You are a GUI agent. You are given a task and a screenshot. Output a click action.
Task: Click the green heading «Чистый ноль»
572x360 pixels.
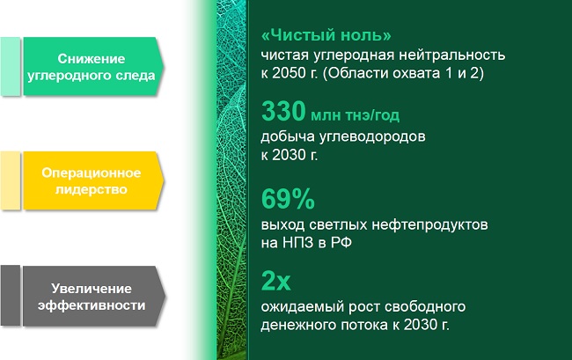[x=326, y=35]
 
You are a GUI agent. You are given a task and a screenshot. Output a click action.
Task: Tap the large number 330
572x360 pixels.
[x=283, y=111]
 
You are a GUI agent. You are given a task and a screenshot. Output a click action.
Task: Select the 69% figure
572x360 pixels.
[x=288, y=199]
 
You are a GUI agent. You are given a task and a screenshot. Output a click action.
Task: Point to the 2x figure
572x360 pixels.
[x=275, y=281]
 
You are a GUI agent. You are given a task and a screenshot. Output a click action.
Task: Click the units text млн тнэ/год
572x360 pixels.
[x=355, y=115]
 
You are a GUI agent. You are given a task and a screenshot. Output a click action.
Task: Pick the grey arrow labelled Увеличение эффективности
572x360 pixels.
[x=94, y=296]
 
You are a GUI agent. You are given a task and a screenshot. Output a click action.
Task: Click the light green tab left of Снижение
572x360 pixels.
[x=11, y=66]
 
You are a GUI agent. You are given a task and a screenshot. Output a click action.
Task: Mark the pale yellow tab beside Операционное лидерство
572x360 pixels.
[x=11, y=180]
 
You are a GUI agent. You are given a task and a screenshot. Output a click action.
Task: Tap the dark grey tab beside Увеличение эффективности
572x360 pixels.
[x=11, y=296]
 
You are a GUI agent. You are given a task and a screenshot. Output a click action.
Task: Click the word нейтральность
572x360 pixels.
[x=451, y=55]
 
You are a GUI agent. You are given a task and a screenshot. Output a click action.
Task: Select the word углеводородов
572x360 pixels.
[x=372, y=137]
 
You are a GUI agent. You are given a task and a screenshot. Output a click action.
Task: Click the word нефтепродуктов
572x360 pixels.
[x=429, y=225]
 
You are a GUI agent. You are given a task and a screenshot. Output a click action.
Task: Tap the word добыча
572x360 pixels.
[x=288, y=136]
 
